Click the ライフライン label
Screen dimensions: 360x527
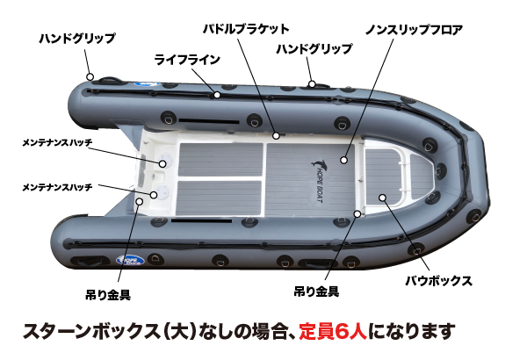pos(187,60)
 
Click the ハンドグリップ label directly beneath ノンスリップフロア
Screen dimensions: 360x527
pos(314,49)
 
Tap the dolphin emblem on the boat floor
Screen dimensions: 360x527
pos(317,162)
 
